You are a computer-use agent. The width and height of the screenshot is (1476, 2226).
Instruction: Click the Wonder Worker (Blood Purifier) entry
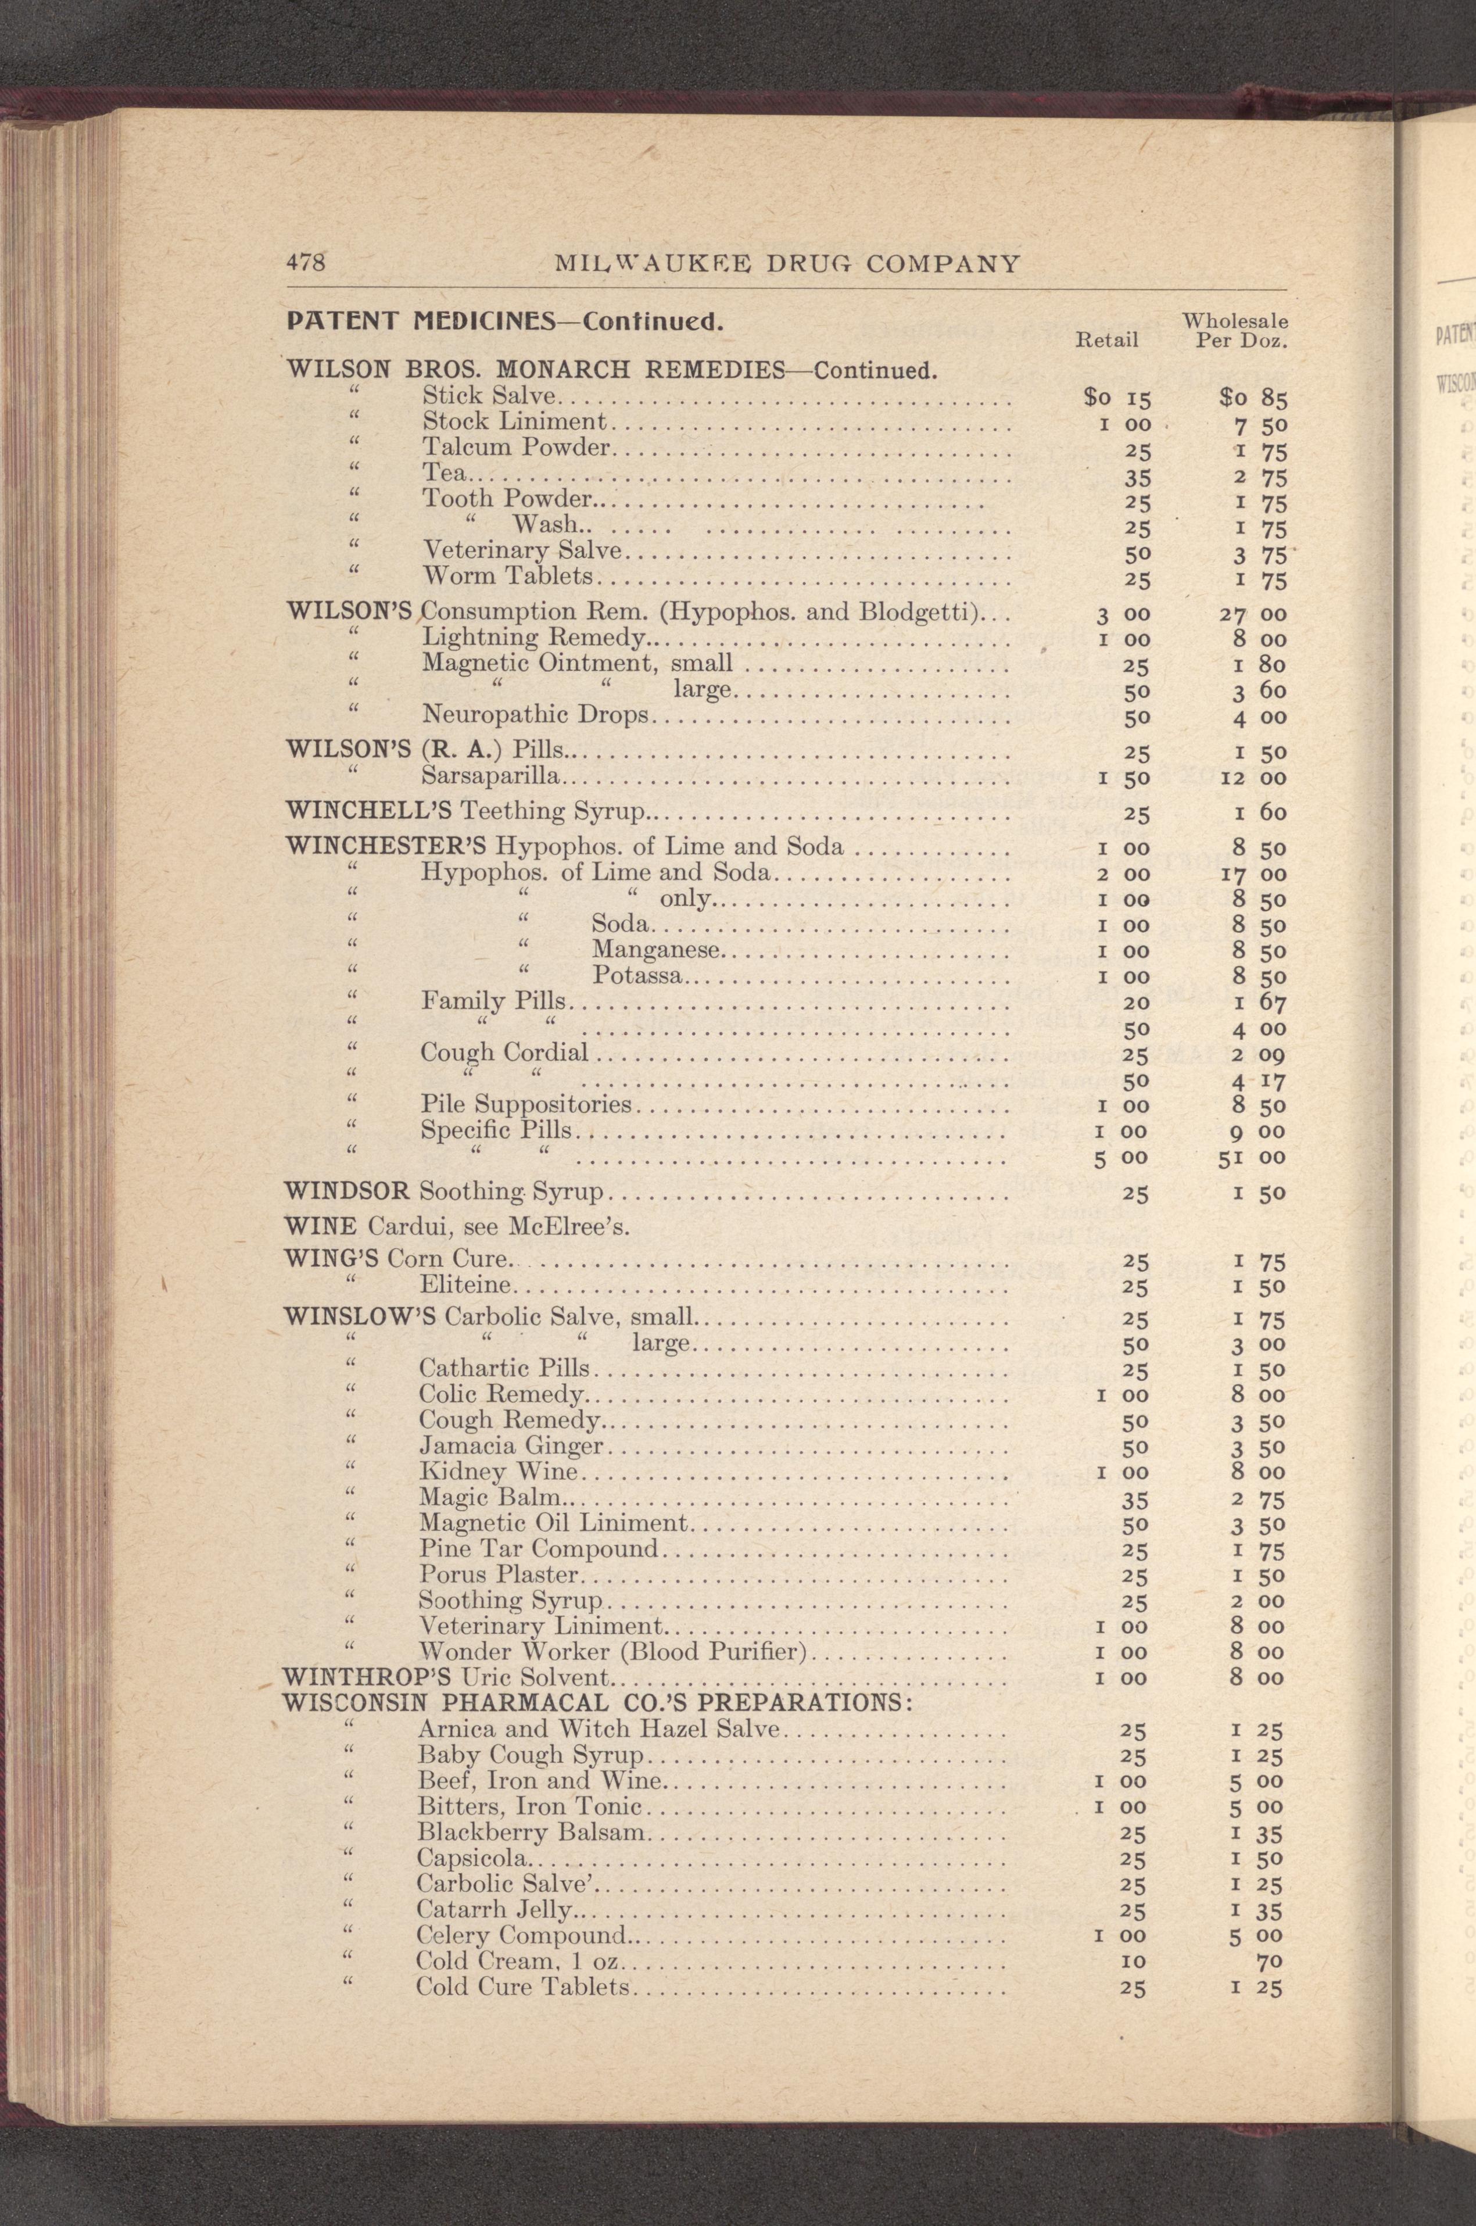pos(615,1652)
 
